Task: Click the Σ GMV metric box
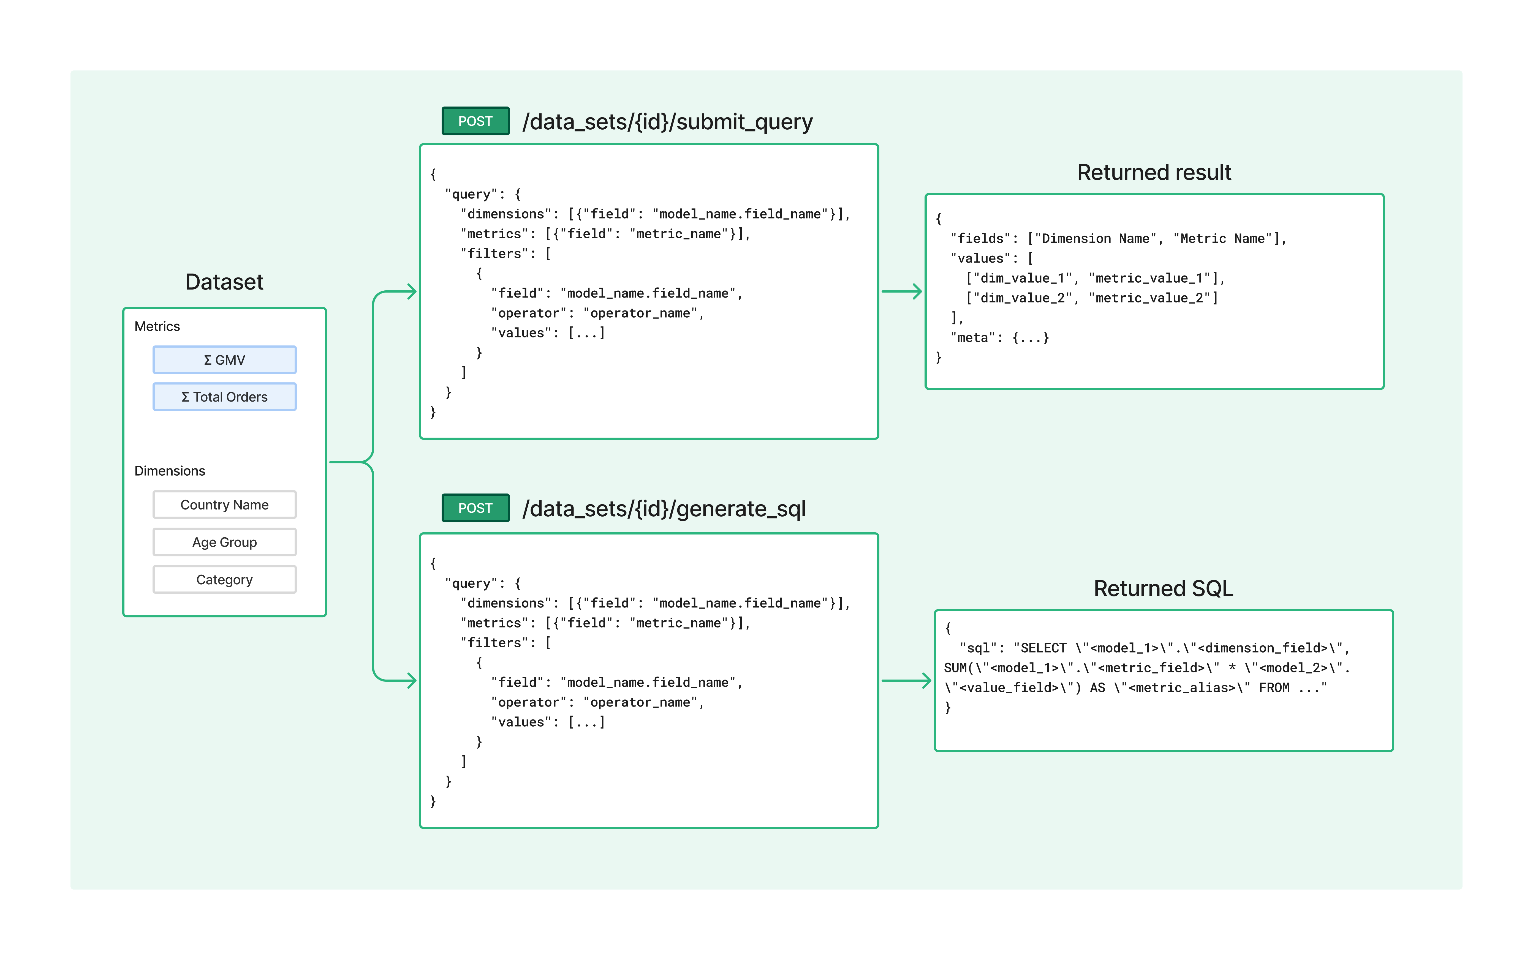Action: point(224,360)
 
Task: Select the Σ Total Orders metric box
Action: point(224,397)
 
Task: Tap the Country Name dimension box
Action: point(224,505)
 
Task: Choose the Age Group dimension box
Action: point(224,542)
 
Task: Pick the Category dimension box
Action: point(224,580)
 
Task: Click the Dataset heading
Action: point(224,282)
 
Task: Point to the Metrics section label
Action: point(157,326)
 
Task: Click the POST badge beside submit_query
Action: point(475,121)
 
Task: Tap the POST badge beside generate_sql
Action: point(475,508)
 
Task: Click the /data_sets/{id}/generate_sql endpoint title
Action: point(664,509)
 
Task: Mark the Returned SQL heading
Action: point(1163,588)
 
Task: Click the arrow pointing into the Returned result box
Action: point(902,291)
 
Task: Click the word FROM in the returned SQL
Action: point(1274,688)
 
